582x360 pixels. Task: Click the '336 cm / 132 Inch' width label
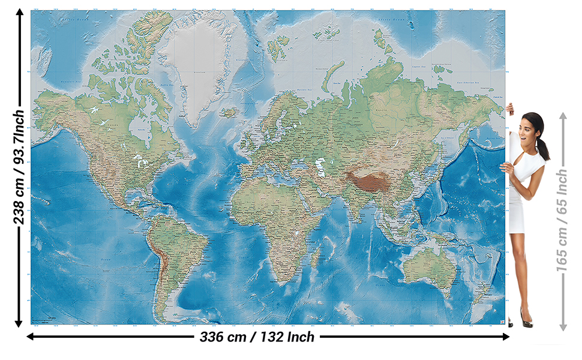(x=257, y=337)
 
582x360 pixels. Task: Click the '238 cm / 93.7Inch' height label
(x=19, y=167)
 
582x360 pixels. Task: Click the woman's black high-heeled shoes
(x=526, y=322)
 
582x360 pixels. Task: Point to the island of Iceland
(x=229, y=112)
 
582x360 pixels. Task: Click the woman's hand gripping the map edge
(x=510, y=109)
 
